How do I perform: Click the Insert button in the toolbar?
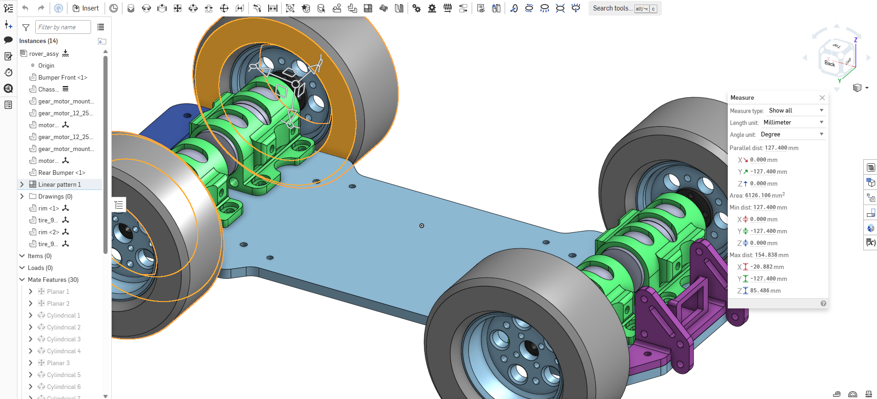pos(86,8)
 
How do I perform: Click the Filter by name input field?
pos(63,27)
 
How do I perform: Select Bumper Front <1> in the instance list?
pos(62,77)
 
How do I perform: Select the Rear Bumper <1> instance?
pos(61,173)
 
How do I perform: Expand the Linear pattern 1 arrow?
pos(22,184)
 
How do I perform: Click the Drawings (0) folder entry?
pos(55,196)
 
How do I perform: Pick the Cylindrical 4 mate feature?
pos(64,351)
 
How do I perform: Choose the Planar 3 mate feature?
pos(58,363)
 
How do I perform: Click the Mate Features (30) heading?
pos(53,280)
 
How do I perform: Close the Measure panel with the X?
pos(822,97)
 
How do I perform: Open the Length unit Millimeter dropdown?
pos(793,122)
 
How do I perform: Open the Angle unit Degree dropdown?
pos(792,134)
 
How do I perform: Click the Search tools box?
pos(612,8)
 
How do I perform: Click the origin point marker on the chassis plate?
pos(422,226)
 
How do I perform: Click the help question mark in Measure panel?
pos(823,303)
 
